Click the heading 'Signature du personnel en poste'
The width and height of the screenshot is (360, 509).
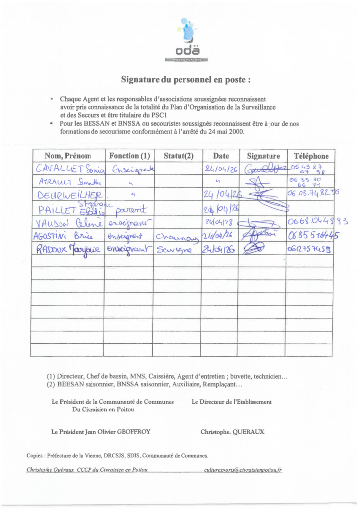tap(185, 79)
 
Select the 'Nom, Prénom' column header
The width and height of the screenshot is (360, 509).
tap(68, 156)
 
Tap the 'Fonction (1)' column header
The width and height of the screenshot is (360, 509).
tap(129, 156)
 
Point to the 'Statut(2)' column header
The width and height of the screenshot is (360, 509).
tap(178, 156)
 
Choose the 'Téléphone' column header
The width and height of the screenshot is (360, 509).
tap(311, 156)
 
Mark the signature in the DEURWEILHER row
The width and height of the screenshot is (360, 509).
tap(262, 196)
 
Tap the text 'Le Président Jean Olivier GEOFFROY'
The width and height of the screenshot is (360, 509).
tap(100, 432)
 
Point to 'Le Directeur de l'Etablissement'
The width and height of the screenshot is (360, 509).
tap(232, 402)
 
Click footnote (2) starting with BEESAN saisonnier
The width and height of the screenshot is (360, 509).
tap(144, 384)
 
